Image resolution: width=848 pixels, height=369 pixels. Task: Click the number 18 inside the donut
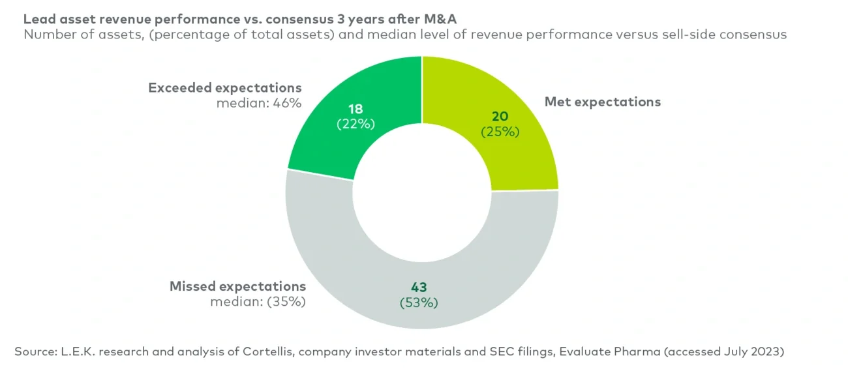coord(356,108)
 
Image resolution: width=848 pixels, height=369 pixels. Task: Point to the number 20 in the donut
coord(500,116)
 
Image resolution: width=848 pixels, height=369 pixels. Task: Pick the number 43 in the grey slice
coord(418,286)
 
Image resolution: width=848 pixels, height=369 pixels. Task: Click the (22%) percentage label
coord(356,124)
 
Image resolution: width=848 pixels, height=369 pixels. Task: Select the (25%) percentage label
coord(500,132)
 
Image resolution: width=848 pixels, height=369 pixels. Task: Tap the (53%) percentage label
coord(418,303)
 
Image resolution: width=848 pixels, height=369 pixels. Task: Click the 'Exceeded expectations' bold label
coord(225,87)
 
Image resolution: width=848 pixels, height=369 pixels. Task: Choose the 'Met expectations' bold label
coord(602,102)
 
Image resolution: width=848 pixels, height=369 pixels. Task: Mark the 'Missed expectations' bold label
coord(237,286)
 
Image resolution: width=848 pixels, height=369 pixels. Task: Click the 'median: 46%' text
coord(259,103)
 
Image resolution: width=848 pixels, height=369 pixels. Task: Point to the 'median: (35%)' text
coord(258,302)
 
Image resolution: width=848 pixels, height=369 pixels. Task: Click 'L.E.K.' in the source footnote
coord(77,351)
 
